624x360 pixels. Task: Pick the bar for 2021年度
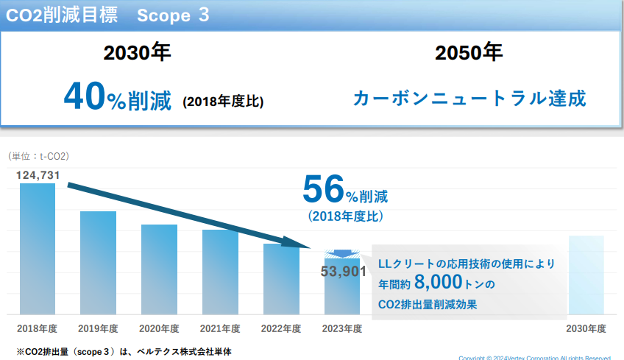(220, 272)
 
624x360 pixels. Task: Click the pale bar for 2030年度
(586, 275)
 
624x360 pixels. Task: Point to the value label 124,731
(38, 174)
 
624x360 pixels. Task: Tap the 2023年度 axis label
(342, 328)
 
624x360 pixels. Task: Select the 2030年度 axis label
(586, 328)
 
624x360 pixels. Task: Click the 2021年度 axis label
(220, 328)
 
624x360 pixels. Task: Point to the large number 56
(323, 191)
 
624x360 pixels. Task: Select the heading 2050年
(469, 53)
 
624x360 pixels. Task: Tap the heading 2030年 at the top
(137, 53)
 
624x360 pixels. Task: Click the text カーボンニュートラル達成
(469, 98)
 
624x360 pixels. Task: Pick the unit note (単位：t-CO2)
(38, 156)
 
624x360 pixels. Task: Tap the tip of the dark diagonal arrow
(313, 247)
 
